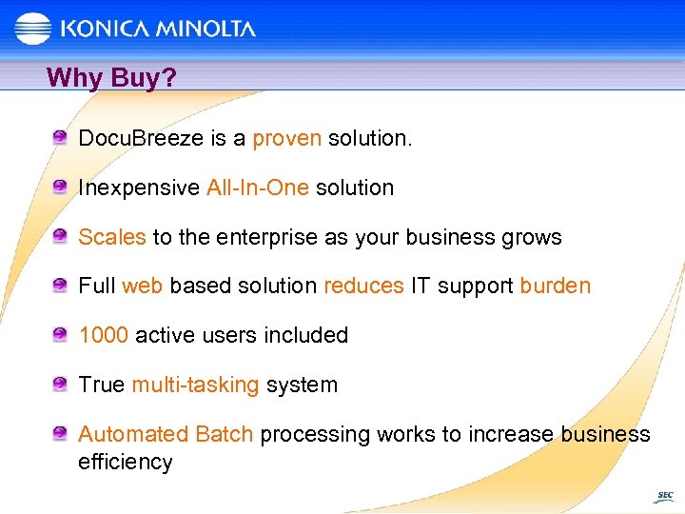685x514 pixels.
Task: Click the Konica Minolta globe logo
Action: (33, 30)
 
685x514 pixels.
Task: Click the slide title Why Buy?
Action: (111, 77)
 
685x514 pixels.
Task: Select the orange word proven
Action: (286, 139)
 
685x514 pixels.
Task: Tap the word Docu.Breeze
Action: (141, 139)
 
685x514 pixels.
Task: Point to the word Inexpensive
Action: (139, 188)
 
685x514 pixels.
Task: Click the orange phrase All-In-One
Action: (258, 188)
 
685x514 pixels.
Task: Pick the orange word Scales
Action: (112, 237)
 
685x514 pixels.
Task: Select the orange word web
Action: (143, 287)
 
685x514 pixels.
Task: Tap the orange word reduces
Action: (363, 287)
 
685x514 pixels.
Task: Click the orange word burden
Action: (556, 287)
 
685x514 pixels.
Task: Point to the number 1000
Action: (104, 336)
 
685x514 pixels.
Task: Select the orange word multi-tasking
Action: (195, 385)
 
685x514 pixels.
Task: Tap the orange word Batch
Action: (224, 435)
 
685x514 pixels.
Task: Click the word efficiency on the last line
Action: (126, 464)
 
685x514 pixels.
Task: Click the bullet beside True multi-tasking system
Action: (60, 384)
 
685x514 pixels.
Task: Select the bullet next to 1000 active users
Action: (60, 334)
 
